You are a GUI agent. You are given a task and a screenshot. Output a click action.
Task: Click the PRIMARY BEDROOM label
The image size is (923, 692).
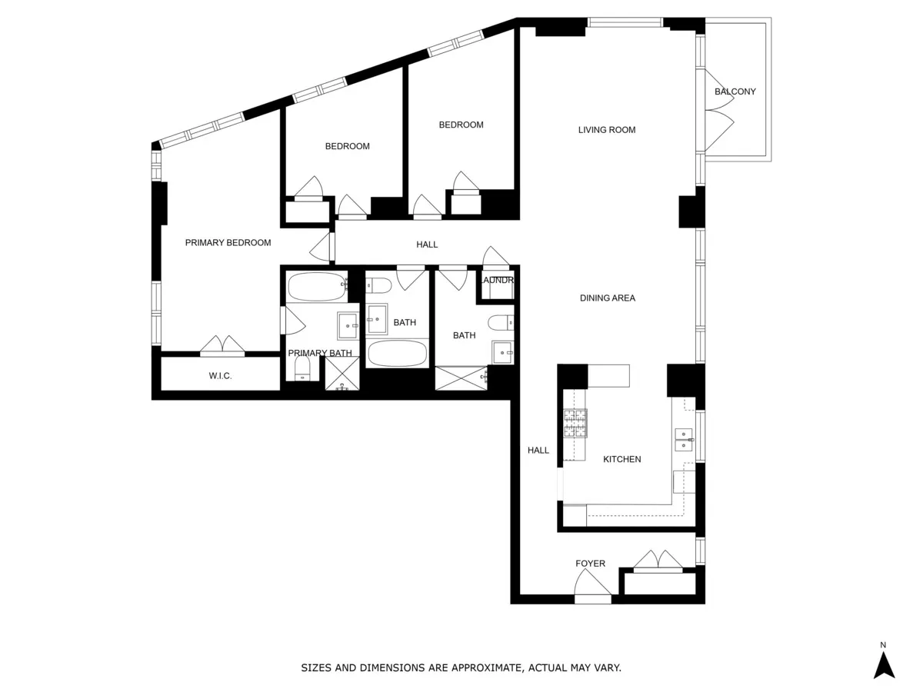[228, 243]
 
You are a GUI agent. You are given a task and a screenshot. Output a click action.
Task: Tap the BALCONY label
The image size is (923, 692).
[735, 91]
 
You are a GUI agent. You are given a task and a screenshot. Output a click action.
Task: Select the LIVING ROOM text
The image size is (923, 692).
[607, 130]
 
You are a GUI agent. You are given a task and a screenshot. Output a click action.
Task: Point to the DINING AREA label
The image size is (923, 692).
[607, 298]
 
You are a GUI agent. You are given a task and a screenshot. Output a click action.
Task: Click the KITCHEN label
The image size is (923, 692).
[621, 459]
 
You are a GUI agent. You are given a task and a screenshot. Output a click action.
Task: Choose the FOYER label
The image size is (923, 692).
[590, 564]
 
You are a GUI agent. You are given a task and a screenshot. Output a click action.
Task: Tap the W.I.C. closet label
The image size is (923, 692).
[220, 376]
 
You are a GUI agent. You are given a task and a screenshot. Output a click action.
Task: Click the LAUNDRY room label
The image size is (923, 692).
[496, 280]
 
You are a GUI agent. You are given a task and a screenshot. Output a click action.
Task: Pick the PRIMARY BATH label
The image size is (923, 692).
[320, 354]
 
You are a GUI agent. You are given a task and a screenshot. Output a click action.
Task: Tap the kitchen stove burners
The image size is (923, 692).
[575, 423]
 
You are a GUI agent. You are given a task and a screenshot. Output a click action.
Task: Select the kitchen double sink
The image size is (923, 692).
[683, 439]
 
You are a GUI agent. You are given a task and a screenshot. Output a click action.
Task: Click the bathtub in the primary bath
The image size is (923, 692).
[317, 287]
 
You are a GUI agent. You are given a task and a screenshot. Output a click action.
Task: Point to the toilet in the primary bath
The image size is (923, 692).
[302, 368]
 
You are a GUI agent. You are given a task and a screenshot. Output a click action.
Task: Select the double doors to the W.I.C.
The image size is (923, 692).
[222, 345]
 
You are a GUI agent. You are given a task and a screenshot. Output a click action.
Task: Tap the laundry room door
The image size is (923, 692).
[496, 257]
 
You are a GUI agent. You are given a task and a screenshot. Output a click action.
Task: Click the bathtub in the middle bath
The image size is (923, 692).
[397, 354]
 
